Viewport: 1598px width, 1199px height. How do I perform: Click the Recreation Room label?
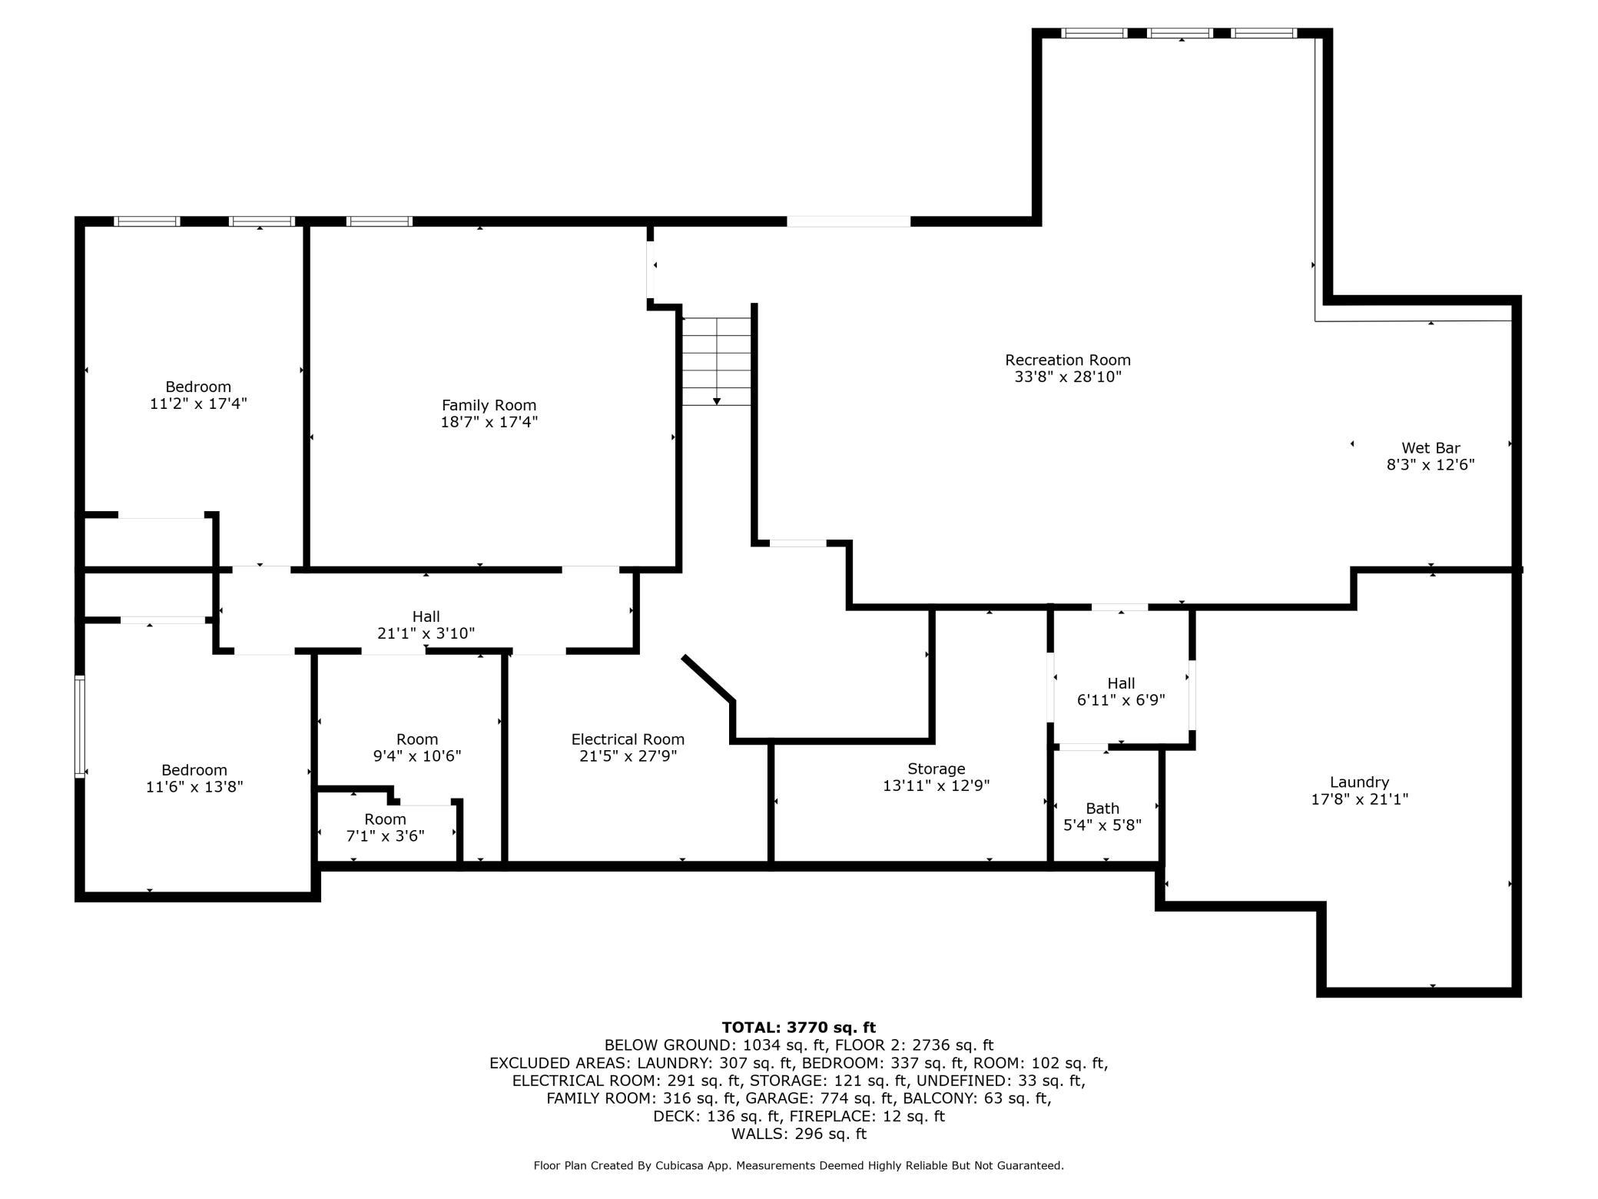coord(1068,360)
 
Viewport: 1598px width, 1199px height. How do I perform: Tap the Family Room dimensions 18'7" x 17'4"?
coord(489,422)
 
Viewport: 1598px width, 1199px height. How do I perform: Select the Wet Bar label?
coord(1431,448)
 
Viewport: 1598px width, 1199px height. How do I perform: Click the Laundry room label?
coord(1360,782)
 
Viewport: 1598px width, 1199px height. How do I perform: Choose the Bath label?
coord(1102,809)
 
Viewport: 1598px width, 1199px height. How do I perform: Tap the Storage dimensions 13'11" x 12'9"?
coord(937,785)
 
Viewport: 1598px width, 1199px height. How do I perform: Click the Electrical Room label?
coord(628,739)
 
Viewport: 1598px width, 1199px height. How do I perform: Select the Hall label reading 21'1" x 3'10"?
coord(426,625)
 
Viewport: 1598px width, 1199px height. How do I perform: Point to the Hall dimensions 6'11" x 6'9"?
coord(1121,700)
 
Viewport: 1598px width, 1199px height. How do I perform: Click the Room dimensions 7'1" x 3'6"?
coord(385,835)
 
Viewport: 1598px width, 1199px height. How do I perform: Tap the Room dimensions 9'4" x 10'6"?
coord(417,756)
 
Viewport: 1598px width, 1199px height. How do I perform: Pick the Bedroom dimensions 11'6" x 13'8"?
coord(194,786)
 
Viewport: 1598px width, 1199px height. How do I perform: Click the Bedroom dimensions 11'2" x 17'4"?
coord(198,403)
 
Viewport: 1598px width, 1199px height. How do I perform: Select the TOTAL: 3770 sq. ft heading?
coord(799,1027)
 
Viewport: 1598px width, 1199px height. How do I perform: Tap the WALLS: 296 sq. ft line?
coord(799,1134)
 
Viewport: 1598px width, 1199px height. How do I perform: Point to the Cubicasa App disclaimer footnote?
coord(799,1166)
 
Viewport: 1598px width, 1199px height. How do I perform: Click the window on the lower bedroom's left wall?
coord(79,726)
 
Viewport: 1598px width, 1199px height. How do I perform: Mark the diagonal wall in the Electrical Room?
coord(708,679)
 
